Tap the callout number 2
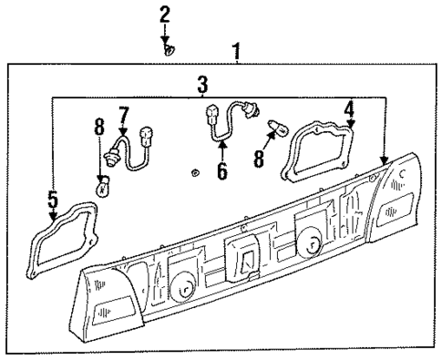(x=165, y=14)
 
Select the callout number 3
(x=202, y=85)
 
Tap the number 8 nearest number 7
(x=98, y=127)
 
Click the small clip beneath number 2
(x=169, y=50)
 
